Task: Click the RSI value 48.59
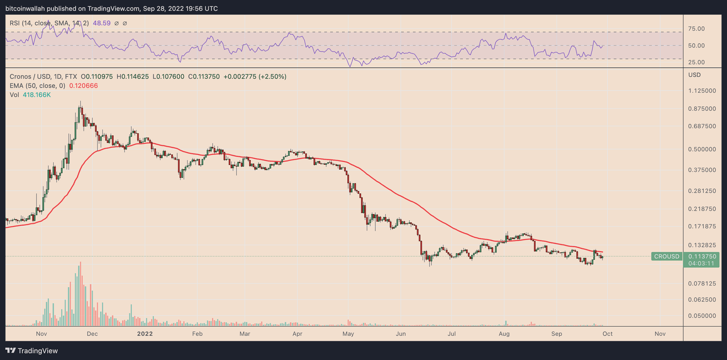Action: [101, 23]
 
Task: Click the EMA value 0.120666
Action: [83, 86]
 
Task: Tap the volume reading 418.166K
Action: [36, 95]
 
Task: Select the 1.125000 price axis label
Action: [702, 91]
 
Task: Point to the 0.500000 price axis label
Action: [702, 150]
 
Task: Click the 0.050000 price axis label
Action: [702, 316]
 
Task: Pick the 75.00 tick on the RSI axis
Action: [696, 29]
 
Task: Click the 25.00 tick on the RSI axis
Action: [696, 62]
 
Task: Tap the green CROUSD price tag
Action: [667, 256]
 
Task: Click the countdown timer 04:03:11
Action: [701, 264]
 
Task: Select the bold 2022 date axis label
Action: [145, 334]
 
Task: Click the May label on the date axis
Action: [348, 334]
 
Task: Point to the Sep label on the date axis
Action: [557, 334]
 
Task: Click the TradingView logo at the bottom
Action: [32, 351]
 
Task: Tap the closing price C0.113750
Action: [204, 77]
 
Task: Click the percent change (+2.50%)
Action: [272, 77]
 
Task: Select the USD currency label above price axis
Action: [694, 75]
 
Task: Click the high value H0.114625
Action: [132, 77]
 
